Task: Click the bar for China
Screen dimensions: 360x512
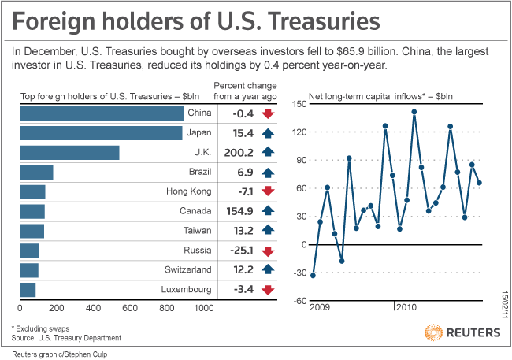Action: [x=101, y=113]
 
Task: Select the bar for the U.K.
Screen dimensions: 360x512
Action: [x=69, y=153]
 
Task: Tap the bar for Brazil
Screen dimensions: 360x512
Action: [x=35, y=173]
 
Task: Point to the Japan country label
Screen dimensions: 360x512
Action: [x=195, y=133]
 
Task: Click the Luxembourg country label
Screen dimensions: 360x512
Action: [x=185, y=290]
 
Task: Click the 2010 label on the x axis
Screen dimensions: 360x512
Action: [x=406, y=307]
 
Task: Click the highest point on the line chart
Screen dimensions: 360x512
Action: [x=414, y=112]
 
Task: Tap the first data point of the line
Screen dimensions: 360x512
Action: [x=313, y=275]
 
